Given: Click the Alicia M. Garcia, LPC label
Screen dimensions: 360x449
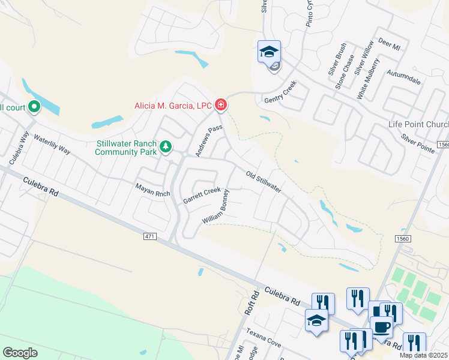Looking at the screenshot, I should click(x=173, y=106).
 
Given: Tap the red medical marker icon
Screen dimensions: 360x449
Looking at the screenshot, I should click(x=221, y=106).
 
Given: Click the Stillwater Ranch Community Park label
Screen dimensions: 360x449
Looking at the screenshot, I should click(x=126, y=148).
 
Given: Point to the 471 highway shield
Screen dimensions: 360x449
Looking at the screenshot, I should click(x=150, y=237).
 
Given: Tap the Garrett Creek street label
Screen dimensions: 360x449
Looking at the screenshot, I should click(x=202, y=195).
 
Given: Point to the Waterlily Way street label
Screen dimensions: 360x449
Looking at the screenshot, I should click(x=52, y=144).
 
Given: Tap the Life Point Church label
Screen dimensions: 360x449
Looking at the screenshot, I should click(x=418, y=125).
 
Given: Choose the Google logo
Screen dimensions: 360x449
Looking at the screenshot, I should click(x=20, y=352).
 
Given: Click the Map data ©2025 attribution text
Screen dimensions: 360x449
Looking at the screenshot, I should click(x=424, y=355).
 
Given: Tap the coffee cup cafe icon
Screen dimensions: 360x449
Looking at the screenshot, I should click(x=381, y=328).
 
